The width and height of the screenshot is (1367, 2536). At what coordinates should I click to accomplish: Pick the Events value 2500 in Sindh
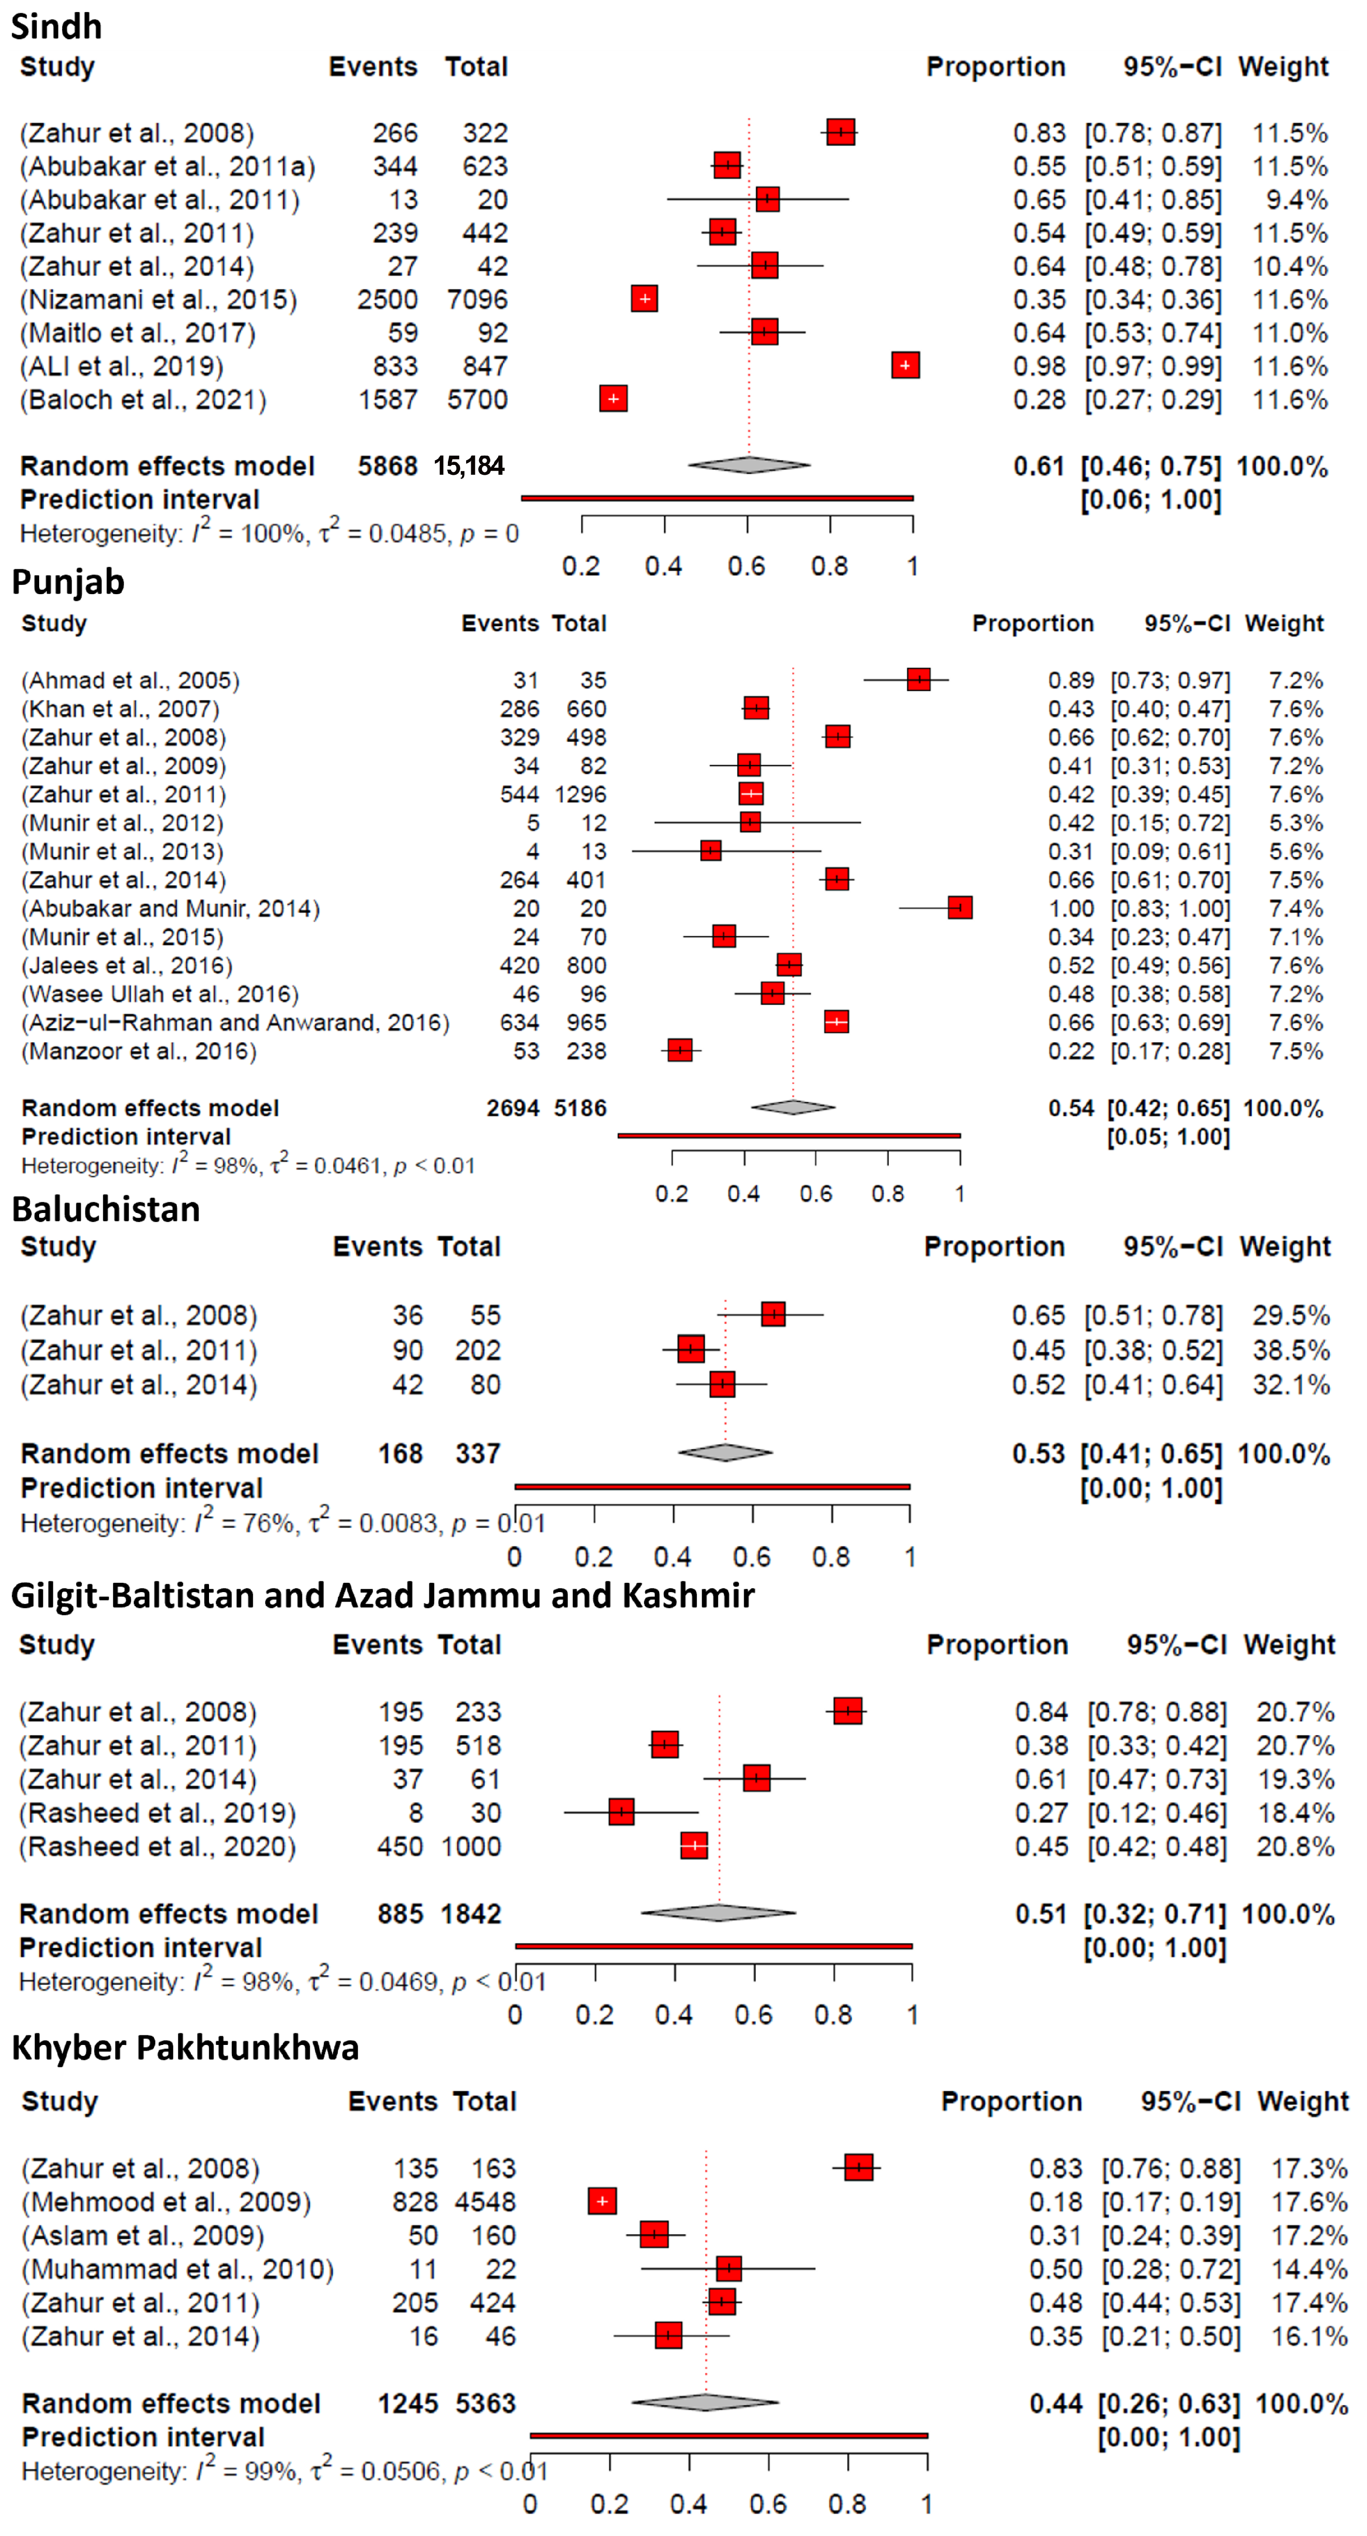387,299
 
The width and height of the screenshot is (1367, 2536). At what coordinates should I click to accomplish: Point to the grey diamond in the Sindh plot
748,464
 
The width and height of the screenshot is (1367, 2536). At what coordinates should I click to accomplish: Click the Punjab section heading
68,582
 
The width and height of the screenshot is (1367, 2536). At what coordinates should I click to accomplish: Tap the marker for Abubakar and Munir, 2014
960,908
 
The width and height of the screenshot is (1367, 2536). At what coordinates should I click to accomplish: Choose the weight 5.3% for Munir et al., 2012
1296,823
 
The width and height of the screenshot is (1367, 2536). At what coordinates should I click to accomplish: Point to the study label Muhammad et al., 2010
177,2269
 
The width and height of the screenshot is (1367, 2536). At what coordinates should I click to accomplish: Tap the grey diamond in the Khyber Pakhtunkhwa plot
705,2403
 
